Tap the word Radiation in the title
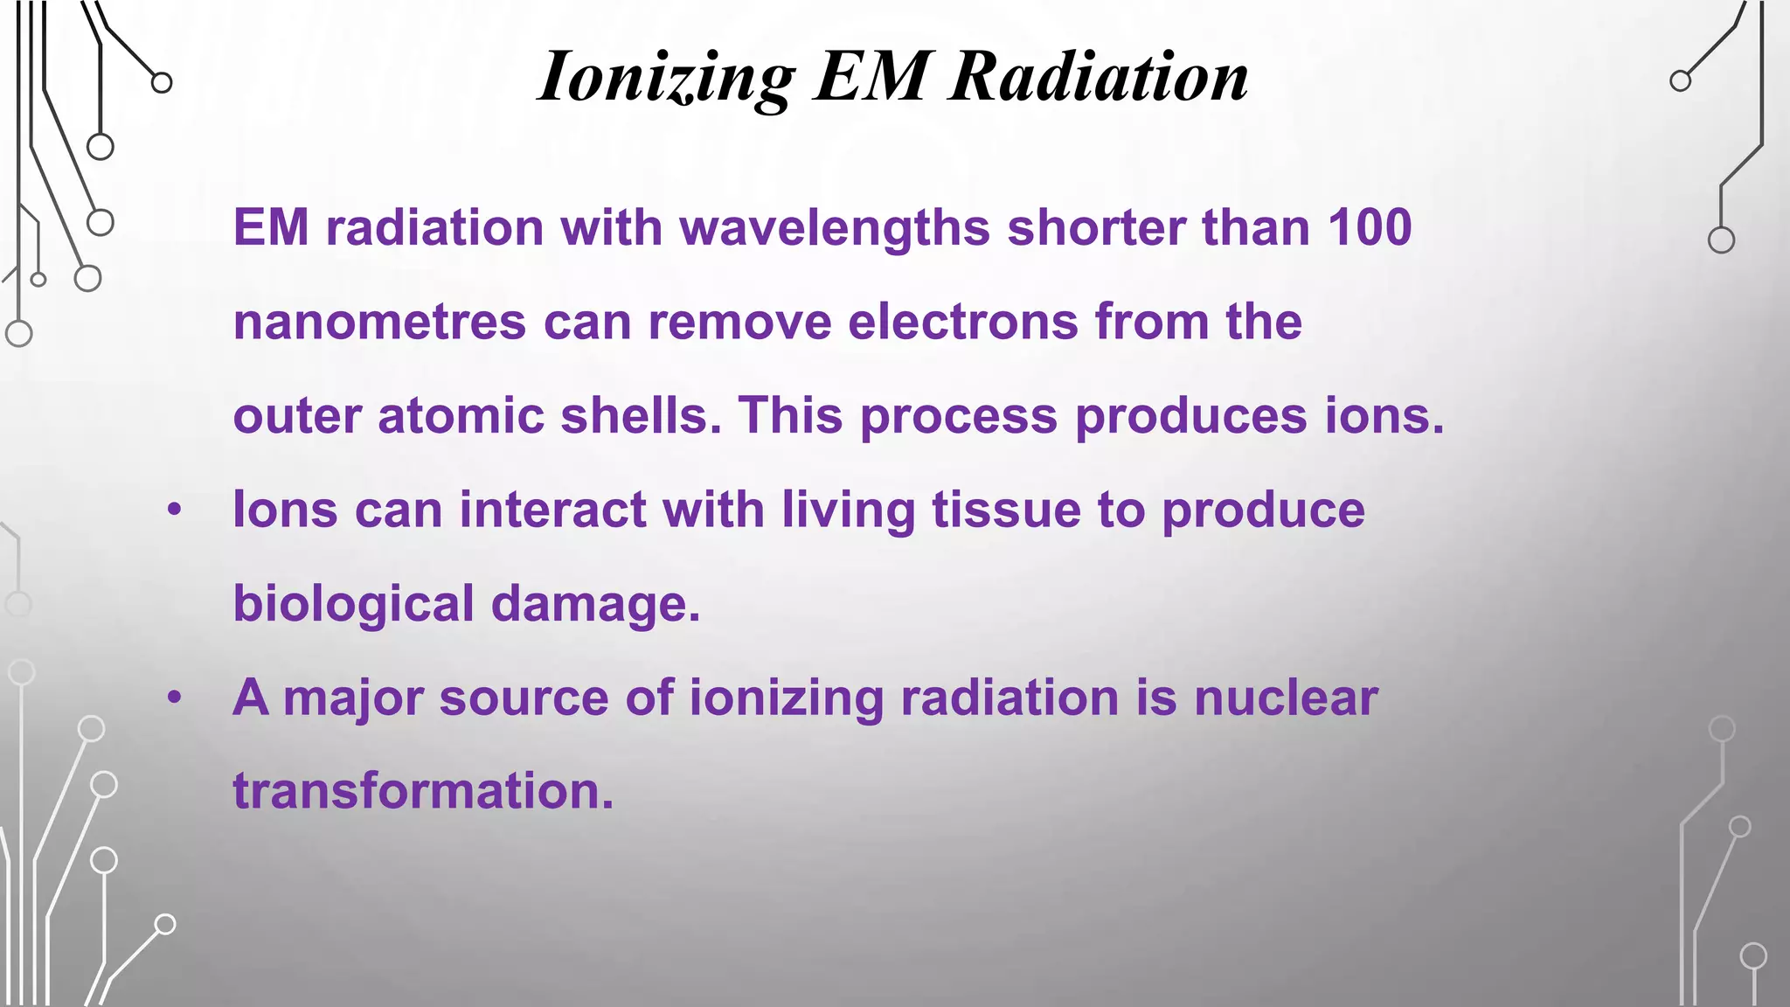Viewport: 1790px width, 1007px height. tap(1100, 77)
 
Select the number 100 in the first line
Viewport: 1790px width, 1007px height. tap(1370, 227)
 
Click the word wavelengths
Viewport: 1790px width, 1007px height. tap(835, 227)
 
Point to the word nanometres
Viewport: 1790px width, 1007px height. tap(379, 322)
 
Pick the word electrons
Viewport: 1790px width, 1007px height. tap(962, 322)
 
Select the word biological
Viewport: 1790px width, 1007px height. tap(353, 605)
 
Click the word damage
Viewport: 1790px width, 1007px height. tap(595, 605)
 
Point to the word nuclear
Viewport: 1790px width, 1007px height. tap(1286, 698)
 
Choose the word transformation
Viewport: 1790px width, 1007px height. tap(423, 791)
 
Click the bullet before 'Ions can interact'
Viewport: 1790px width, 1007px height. tap(175, 510)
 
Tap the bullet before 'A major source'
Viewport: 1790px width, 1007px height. tap(175, 698)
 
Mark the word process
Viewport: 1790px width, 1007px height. tap(959, 417)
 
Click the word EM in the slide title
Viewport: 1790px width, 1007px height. tap(871, 77)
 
